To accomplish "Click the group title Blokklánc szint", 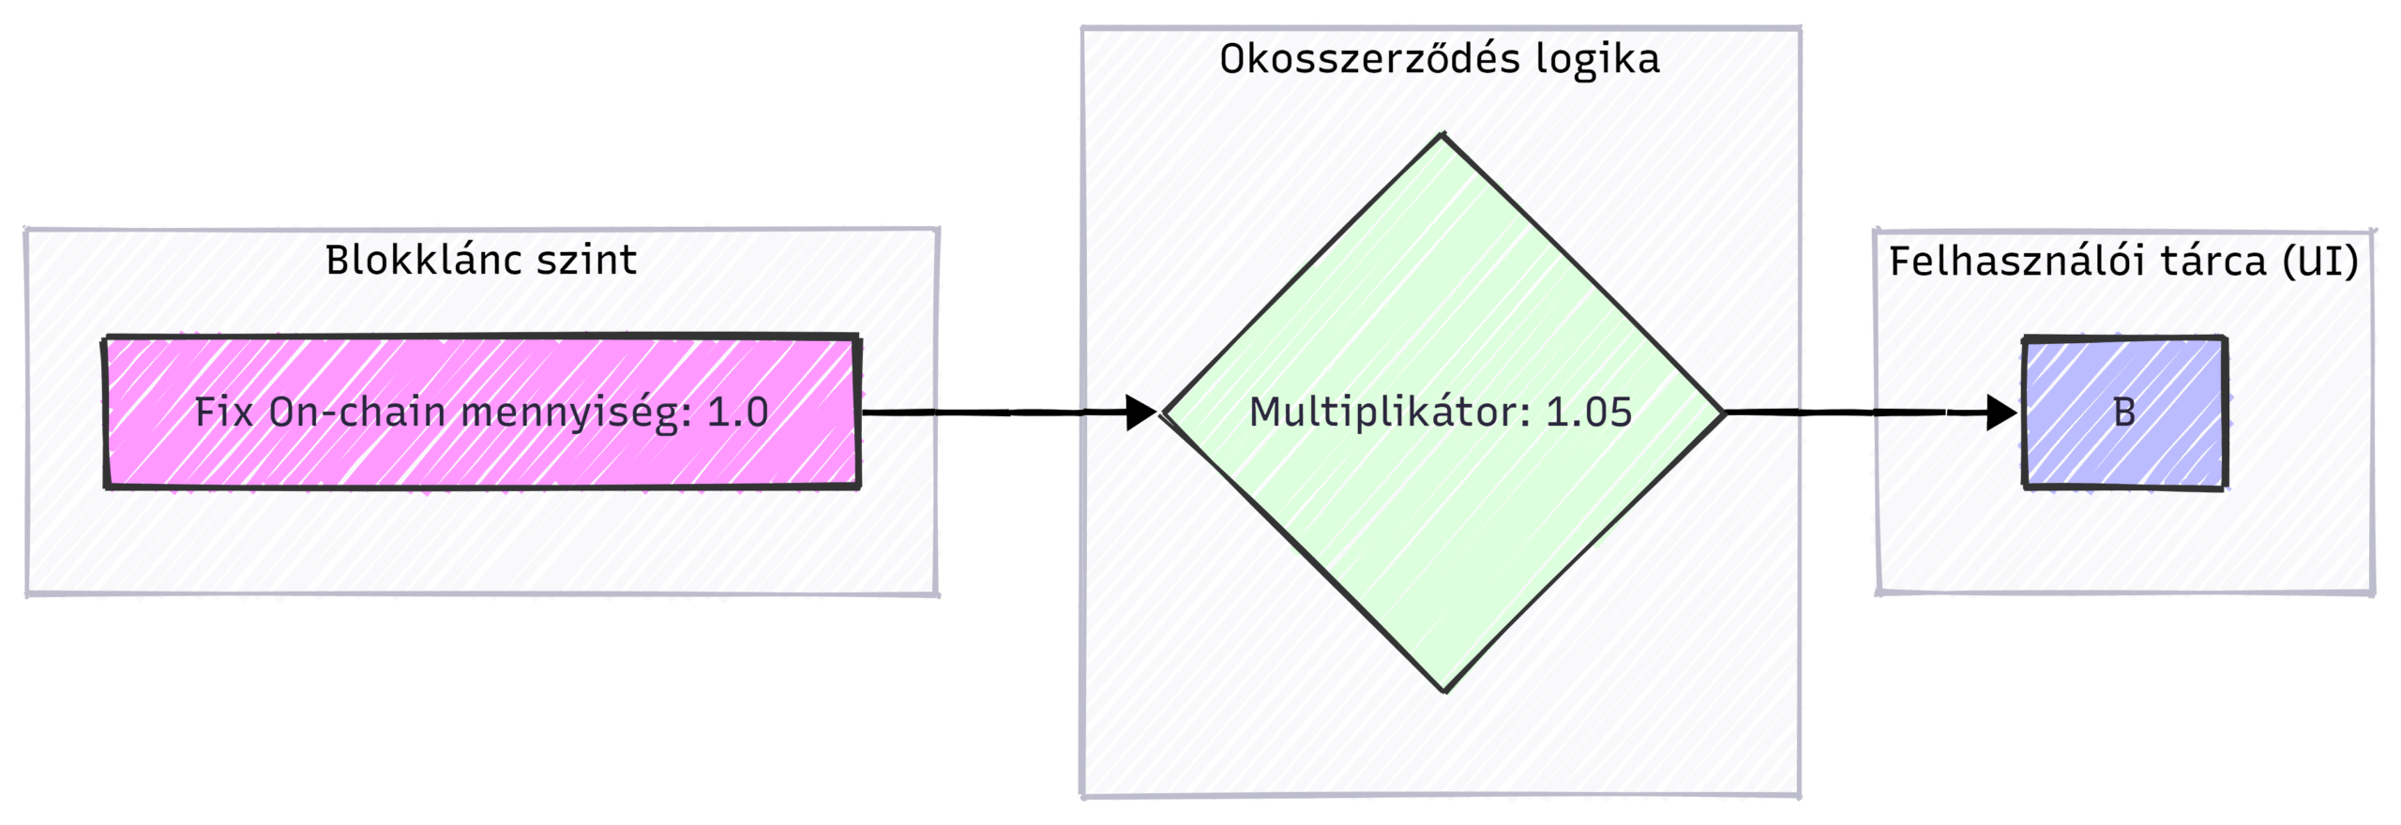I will [x=481, y=260].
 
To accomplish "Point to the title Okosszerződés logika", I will [x=1440, y=59].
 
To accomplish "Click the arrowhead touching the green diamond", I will [x=1142, y=412].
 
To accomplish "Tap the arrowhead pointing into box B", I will [x=2003, y=412].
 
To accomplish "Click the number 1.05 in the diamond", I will [x=1589, y=412].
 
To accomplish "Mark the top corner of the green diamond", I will [x=1442, y=137].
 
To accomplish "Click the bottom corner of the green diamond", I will [x=1444, y=690].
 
